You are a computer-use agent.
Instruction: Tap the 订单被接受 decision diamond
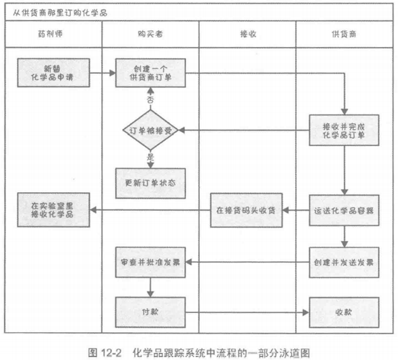tap(150, 130)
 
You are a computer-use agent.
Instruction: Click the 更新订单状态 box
tap(150, 183)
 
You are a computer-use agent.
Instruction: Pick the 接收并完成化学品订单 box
tap(344, 130)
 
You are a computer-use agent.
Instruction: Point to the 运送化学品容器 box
tap(344, 210)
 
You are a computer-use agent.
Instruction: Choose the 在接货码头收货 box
tap(247, 210)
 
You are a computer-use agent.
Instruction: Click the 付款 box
tap(150, 311)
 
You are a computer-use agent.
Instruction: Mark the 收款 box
tap(344, 311)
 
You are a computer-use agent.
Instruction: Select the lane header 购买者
tap(150, 34)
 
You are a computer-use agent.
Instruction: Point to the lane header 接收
tap(247, 34)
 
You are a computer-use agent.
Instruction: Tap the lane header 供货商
tap(344, 34)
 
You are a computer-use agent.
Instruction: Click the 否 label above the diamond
tap(150, 99)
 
